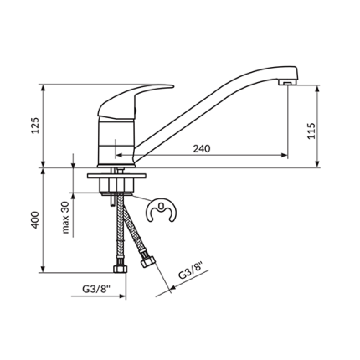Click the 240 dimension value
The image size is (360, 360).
[x=201, y=148]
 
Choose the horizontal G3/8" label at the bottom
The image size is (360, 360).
[x=95, y=288]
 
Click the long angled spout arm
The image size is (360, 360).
[x=209, y=105]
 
